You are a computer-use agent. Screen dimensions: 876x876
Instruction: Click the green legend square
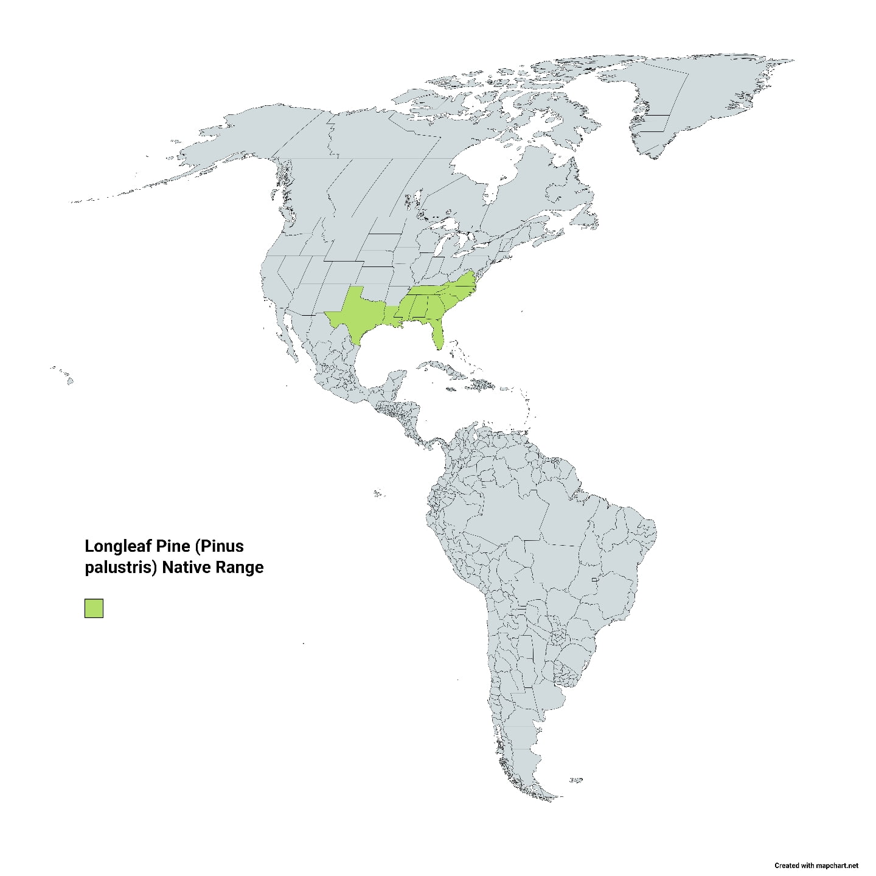94,608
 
